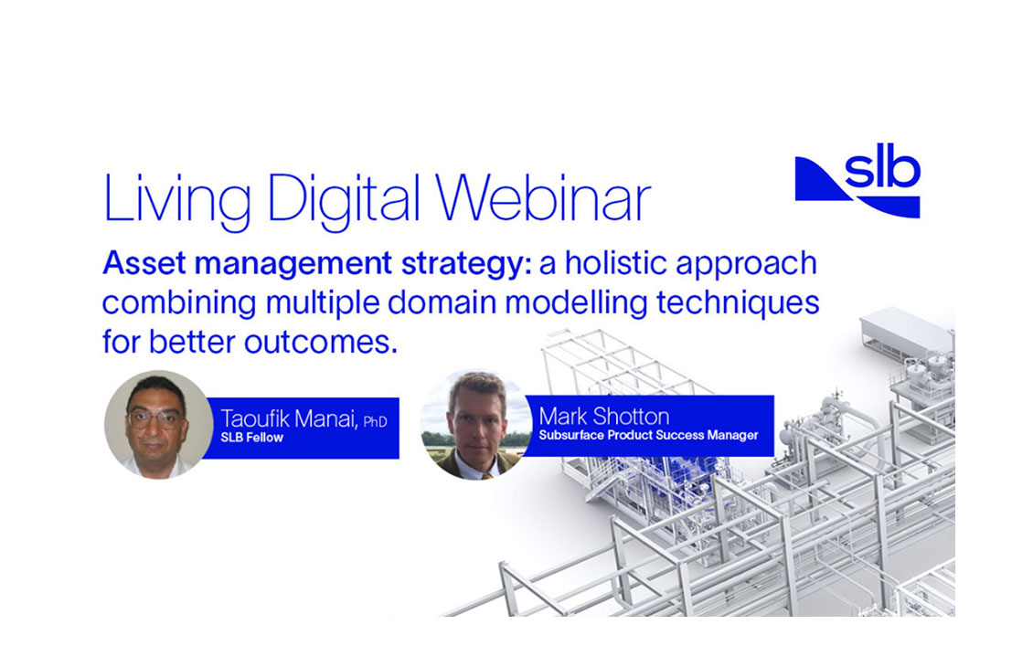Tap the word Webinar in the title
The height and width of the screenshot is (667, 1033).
(x=543, y=196)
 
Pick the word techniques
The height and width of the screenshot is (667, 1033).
(x=738, y=303)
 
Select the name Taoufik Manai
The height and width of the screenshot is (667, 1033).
(x=289, y=418)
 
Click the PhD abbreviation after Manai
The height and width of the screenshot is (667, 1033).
(x=375, y=421)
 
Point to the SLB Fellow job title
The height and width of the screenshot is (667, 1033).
(x=251, y=438)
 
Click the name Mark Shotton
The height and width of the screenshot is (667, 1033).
(x=603, y=416)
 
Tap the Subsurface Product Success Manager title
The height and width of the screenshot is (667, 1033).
(x=648, y=435)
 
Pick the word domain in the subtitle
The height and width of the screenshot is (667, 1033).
(x=442, y=302)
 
